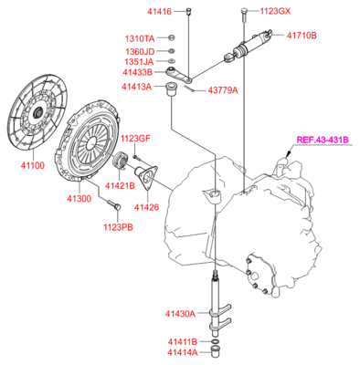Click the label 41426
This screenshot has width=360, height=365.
pos(148,206)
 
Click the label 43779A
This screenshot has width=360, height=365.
pos(220,91)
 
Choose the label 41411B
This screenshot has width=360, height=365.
pos(183,341)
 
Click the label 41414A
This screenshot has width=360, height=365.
pos(183,352)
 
